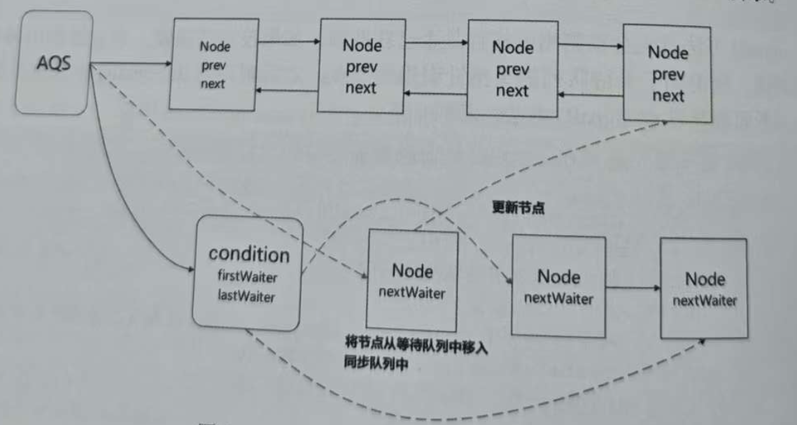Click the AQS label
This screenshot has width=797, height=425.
click(x=53, y=64)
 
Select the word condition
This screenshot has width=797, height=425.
click(x=248, y=254)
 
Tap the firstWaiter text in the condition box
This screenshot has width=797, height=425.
click(x=248, y=275)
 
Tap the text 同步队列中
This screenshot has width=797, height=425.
click(x=376, y=364)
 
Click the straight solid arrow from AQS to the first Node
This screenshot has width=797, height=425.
click(x=130, y=66)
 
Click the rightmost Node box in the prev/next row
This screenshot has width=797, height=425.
click(x=667, y=73)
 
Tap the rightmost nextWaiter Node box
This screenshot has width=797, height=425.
click(x=704, y=288)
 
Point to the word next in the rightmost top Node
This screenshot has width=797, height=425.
click(x=668, y=96)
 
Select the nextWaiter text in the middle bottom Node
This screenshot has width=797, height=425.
click(x=558, y=299)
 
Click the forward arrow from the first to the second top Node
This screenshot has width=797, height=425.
click(x=289, y=41)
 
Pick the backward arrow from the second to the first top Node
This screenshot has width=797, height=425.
click(x=289, y=91)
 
